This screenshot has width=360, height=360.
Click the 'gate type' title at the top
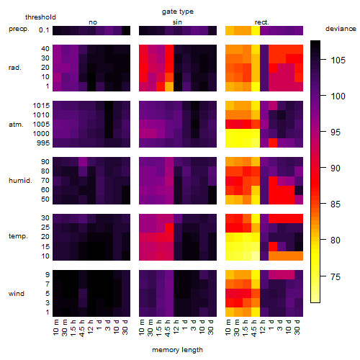tap(178, 12)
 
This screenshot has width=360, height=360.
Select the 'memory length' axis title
tap(178, 350)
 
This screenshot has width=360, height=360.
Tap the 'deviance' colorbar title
tap(341, 29)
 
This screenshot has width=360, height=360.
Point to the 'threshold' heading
tap(40, 17)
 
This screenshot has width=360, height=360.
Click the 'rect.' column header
tap(262, 22)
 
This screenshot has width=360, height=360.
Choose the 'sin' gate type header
tap(177, 22)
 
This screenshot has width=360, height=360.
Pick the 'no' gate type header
tap(93, 22)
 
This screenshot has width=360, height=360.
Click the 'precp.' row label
tap(19, 29)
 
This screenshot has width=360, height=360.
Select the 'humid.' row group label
tap(20, 181)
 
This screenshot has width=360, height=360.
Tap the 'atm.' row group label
tap(16, 125)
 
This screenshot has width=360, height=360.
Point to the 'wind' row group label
tap(17, 294)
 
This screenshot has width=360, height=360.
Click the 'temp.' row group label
tap(18, 236)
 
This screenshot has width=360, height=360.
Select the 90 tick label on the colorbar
tap(336, 168)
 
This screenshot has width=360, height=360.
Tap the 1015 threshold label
tap(41, 106)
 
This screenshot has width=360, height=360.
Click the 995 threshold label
tap(43, 143)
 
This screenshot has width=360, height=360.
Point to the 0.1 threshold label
tap(44, 30)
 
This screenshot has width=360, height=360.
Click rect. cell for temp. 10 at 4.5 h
tap(256, 256)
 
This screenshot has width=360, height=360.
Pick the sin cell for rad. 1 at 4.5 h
tap(169, 86)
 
